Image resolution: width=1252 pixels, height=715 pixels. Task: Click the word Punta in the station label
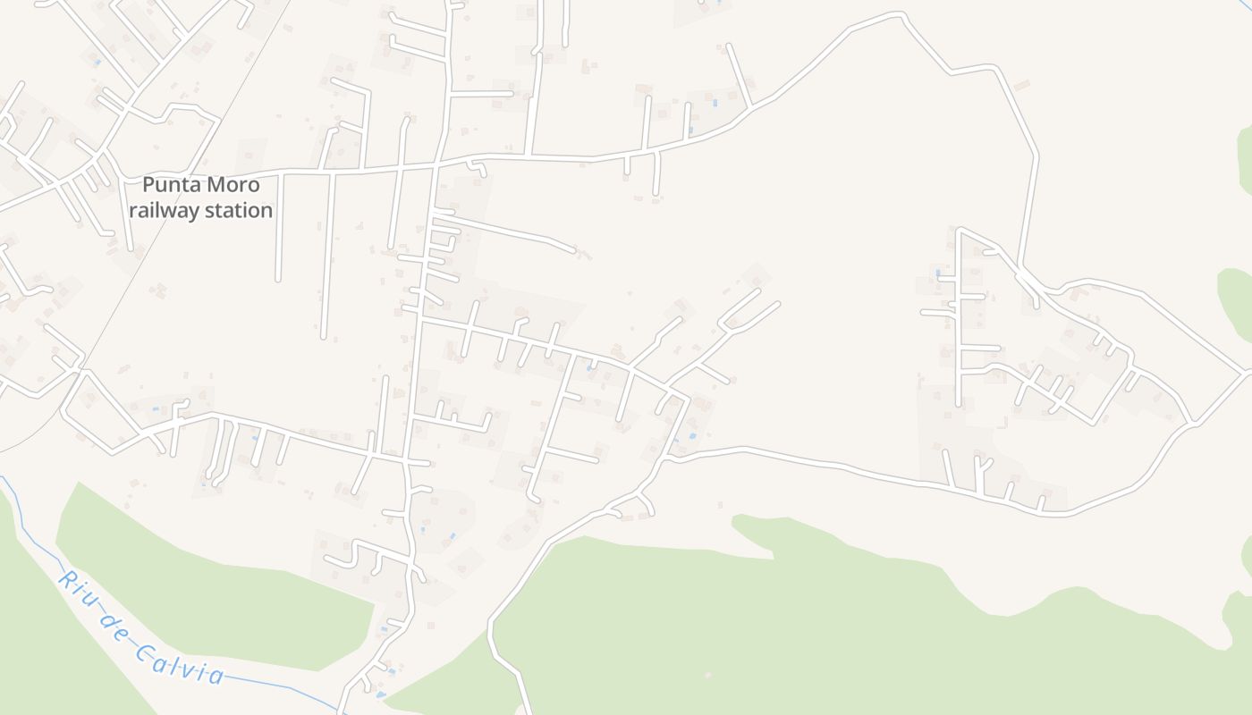click(x=173, y=185)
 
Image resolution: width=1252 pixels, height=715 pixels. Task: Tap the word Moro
click(x=234, y=185)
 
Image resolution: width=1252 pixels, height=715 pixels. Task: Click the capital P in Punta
click(x=149, y=185)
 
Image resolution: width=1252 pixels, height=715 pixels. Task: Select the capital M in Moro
click(x=218, y=185)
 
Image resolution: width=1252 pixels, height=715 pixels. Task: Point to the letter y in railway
click(x=195, y=213)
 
